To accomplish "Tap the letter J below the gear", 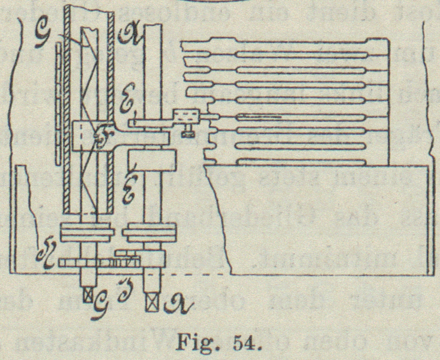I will [121, 286].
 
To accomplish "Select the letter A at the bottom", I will [173, 305].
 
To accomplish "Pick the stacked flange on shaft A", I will [149, 233].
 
